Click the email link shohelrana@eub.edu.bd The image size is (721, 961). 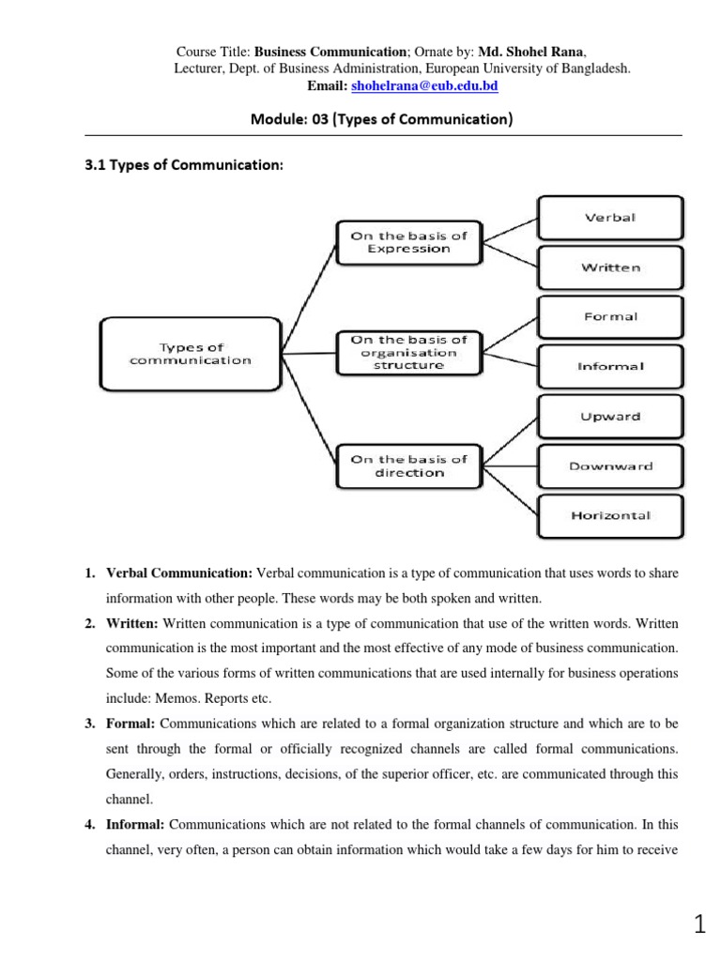pyautogui.click(x=424, y=85)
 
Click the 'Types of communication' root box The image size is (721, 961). pyautogui.click(x=191, y=354)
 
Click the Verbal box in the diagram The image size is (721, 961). pyautogui.click(x=609, y=218)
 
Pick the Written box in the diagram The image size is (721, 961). pyautogui.click(x=609, y=267)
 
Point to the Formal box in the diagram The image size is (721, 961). pyautogui.click(x=609, y=317)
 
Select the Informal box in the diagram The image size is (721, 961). pyautogui.click(x=609, y=367)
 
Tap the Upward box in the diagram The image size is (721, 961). pyautogui.click(x=609, y=417)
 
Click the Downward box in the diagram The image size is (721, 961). pyautogui.click(x=609, y=466)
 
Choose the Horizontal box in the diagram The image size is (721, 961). pyautogui.click(x=609, y=516)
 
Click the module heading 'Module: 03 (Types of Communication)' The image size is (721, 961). pyautogui.click(x=367, y=120)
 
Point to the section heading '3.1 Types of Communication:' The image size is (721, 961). pyautogui.click(x=184, y=166)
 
